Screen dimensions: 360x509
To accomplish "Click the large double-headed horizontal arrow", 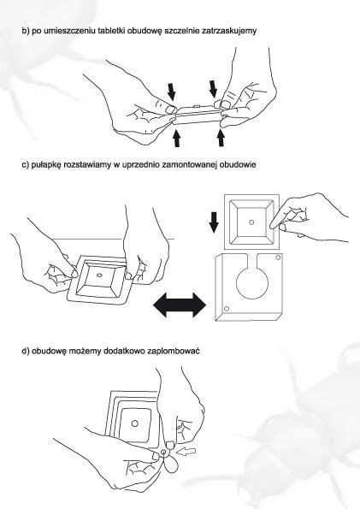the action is point(180,305).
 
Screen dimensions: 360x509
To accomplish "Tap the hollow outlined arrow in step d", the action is point(188,452).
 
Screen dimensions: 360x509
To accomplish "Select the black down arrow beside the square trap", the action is point(214,222).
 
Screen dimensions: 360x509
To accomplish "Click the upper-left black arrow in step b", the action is point(171,92).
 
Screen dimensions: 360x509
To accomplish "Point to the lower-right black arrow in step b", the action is point(221,138).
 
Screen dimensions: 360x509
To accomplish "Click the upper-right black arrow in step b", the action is point(213,88).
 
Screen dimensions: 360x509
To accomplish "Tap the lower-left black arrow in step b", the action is point(177,138).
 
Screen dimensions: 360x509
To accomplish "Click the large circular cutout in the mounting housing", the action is point(252,284).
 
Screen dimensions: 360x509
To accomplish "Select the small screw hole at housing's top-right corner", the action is point(278,257).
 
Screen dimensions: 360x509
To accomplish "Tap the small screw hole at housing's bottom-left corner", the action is point(227,308).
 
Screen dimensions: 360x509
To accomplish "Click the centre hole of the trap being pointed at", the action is point(251,222).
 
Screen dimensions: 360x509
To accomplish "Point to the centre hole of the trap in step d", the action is point(135,423).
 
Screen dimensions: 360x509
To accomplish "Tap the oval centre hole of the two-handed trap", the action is point(100,275).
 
